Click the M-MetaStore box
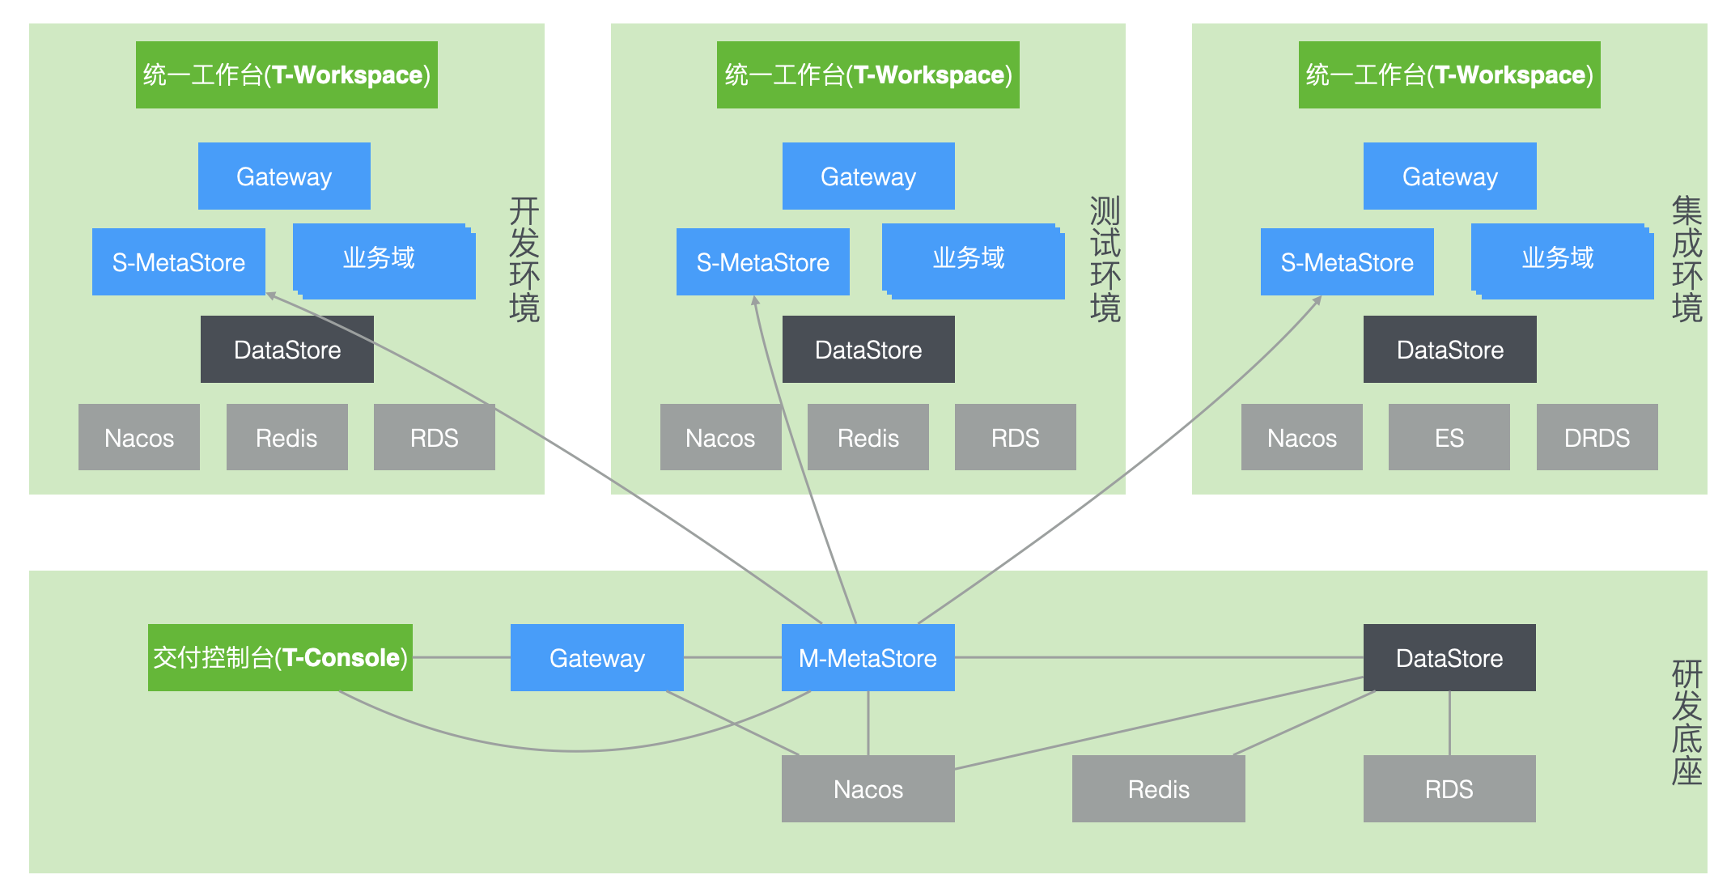pyautogui.click(x=868, y=657)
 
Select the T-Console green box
pyautogui.click(x=280, y=657)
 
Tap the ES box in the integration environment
pyautogui.click(x=1449, y=437)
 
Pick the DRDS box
pyautogui.click(x=1597, y=437)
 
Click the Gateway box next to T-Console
pyautogui.click(x=596, y=657)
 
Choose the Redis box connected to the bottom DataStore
pyautogui.click(x=1158, y=788)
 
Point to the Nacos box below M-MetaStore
pyautogui.click(x=868, y=788)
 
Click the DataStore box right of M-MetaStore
pyautogui.click(x=1449, y=657)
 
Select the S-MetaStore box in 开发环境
pyautogui.click(x=178, y=261)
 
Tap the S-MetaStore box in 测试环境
pyautogui.click(x=762, y=261)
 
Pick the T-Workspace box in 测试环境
pyautogui.click(x=868, y=74)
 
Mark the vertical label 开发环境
pyautogui.click(x=524, y=260)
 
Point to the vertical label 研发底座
pyautogui.click(x=1686, y=723)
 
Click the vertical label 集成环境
pyautogui.click(x=1686, y=260)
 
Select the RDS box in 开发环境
pyautogui.click(x=434, y=437)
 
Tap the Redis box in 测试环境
pyautogui.click(x=868, y=437)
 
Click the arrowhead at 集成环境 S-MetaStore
pyautogui.click(x=1318, y=299)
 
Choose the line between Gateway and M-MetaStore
pyautogui.click(x=732, y=657)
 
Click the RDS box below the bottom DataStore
pyautogui.click(x=1449, y=788)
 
